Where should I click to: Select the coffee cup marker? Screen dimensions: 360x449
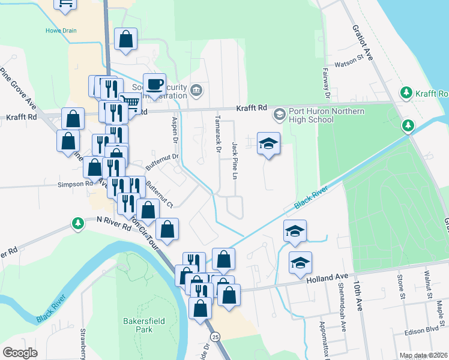[x=154, y=84]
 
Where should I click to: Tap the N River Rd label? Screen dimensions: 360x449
[x=114, y=223]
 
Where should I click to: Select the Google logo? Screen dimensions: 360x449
[x=20, y=353]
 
